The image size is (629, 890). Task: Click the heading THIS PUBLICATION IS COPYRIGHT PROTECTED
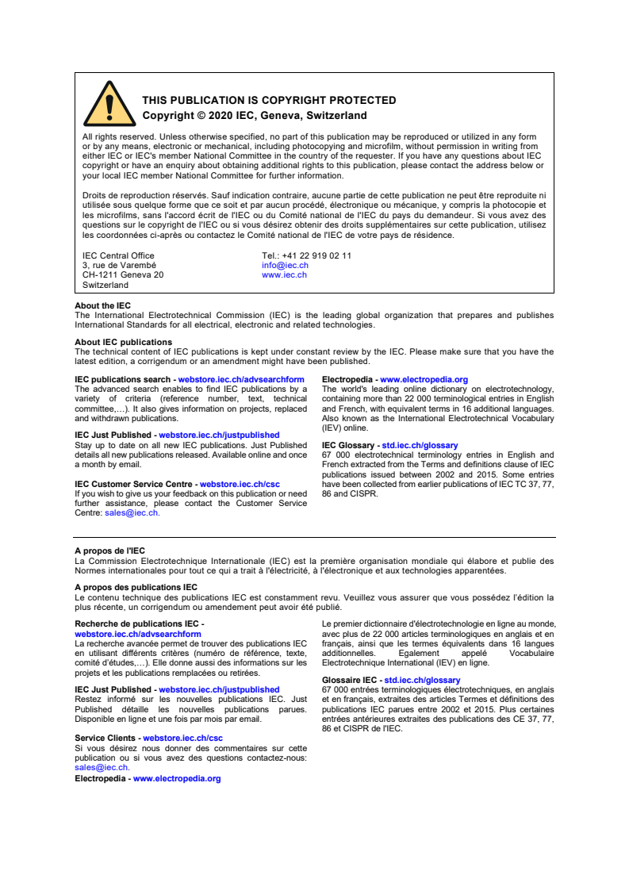coord(269,101)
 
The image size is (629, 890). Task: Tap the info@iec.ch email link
coord(285,265)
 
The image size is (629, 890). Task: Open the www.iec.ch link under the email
coord(284,274)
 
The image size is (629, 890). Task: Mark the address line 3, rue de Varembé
coord(119,265)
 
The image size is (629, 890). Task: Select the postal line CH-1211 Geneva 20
coord(123,274)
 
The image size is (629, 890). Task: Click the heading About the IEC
coord(102,305)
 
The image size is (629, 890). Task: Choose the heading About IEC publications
coord(123,342)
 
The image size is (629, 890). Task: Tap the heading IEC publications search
coord(122,380)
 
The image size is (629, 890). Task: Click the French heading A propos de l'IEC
coord(109,550)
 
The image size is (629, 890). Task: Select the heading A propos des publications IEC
coord(136,587)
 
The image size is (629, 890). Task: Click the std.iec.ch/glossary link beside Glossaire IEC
coord(422,680)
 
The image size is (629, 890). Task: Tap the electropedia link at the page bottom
coord(177,778)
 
